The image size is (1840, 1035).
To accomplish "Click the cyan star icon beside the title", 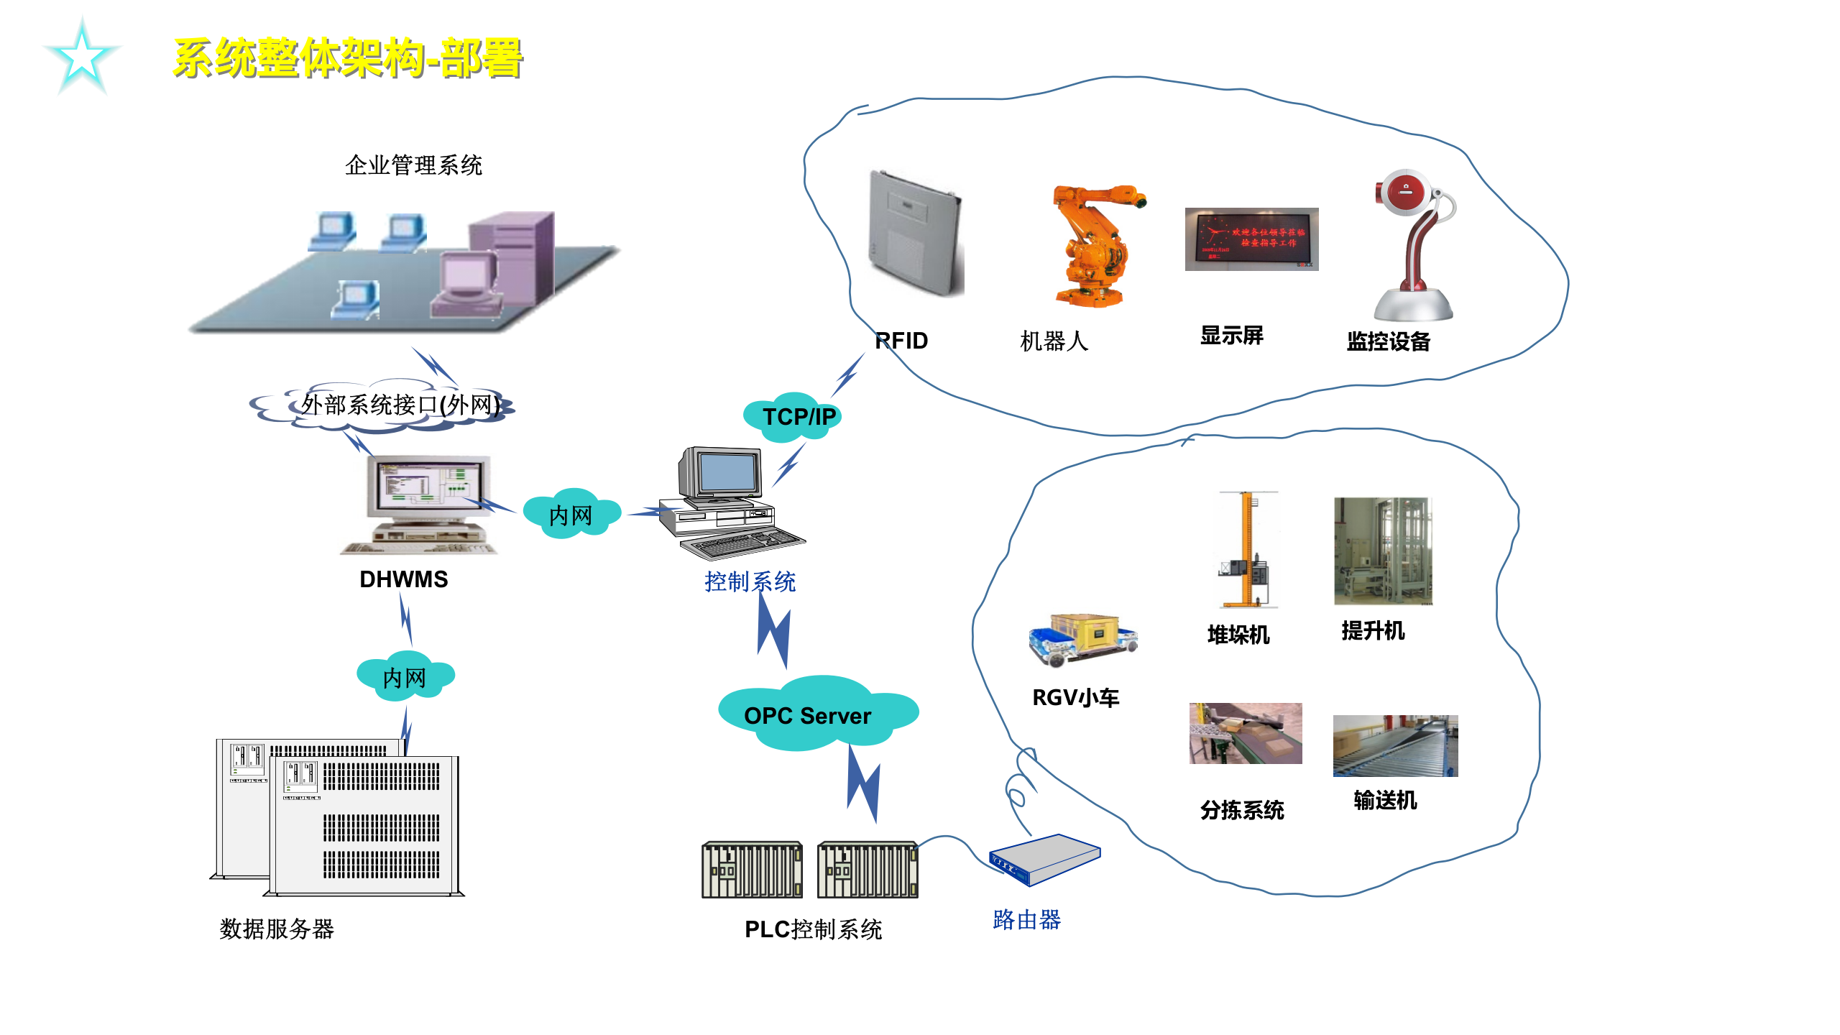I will tap(82, 57).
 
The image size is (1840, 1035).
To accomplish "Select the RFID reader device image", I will tap(915, 234).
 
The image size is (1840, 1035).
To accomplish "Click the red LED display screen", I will tap(1251, 239).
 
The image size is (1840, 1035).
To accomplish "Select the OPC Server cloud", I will tap(812, 714).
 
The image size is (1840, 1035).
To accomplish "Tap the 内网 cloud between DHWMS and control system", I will tap(571, 515).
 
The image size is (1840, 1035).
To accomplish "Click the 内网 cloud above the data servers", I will tap(405, 676).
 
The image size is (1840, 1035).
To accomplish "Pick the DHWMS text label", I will tap(403, 579).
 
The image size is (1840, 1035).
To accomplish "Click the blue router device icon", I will tap(1044, 860).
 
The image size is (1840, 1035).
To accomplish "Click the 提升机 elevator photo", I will tap(1382, 551).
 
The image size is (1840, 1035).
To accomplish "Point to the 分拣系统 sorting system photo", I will tap(1245, 733).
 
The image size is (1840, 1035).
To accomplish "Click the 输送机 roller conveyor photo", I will tap(1394, 745).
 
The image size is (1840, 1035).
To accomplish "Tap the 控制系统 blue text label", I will tap(750, 581).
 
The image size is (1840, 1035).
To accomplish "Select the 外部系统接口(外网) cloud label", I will tap(400, 405).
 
